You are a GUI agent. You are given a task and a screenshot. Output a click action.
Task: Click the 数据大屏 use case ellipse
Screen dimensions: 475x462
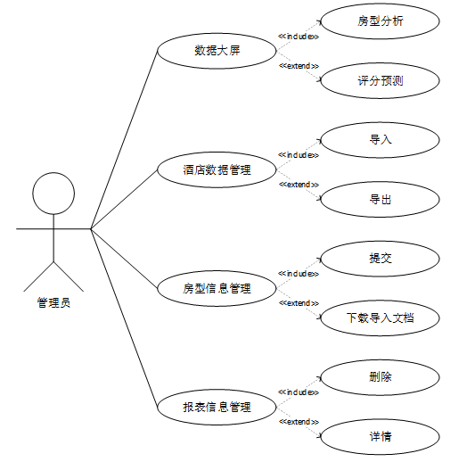click(217, 51)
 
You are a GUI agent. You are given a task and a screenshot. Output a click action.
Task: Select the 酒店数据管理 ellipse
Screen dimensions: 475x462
click(217, 169)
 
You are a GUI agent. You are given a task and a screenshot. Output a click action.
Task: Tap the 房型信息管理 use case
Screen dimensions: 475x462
click(217, 288)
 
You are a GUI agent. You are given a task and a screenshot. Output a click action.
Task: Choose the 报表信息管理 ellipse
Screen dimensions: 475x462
click(217, 407)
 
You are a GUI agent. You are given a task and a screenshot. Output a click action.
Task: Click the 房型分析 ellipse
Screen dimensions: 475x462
click(381, 21)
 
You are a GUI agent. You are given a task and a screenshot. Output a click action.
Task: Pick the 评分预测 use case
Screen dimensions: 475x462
click(381, 80)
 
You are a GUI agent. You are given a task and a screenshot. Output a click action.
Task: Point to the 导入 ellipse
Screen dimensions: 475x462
click(381, 140)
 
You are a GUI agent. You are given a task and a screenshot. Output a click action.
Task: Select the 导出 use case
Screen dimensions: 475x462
click(381, 200)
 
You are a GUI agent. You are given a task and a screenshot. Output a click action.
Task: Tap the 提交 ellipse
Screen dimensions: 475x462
click(381, 259)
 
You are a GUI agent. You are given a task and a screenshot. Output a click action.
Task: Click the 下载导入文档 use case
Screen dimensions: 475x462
click(381, 318)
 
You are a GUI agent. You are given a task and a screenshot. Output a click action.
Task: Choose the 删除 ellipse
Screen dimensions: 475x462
click(381, 377)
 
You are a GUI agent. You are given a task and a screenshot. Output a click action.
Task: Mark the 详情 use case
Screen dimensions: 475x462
click(381, 437)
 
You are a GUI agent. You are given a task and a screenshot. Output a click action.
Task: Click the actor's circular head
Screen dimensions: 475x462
click(53, 194)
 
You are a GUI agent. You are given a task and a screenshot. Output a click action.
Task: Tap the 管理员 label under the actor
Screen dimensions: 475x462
click(53, 302)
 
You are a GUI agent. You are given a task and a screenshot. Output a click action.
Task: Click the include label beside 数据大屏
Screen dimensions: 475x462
click(299, 37)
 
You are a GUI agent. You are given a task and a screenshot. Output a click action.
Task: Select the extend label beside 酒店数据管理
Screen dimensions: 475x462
click(299, 185)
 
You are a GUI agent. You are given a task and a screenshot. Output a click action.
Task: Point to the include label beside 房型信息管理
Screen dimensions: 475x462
click(299, 274)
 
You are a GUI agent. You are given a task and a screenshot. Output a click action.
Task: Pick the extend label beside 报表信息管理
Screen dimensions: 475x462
click(299, 422)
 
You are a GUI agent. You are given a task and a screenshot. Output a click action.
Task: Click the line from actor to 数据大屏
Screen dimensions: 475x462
click(124, 140)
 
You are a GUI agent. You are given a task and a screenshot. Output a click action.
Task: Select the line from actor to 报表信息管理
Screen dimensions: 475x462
click(124, 318)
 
